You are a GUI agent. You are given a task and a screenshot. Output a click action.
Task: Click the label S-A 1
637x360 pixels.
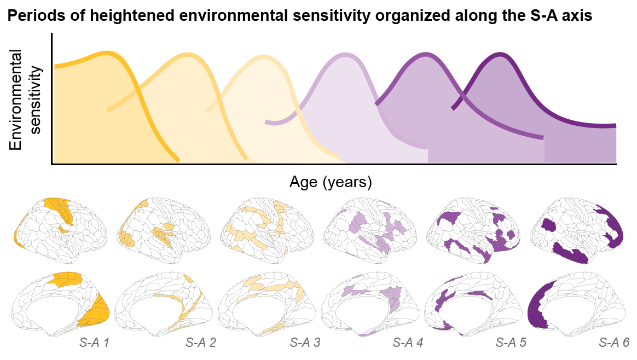pyautogui.click(x=95, y=344)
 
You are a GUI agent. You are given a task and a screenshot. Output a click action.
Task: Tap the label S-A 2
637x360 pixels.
pyautogui.click(x=200, y=344)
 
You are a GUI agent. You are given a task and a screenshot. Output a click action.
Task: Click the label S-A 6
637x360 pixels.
pyautogui.click(x=614, y=344)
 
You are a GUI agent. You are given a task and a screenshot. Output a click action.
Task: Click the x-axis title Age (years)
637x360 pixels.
pyautogui.click(x=331, y=182)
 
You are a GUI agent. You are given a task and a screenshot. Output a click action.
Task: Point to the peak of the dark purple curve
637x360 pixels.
pyautogui.click(x=499, y=54)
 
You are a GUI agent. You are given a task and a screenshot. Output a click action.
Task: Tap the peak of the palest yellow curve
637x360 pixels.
pyautogui.click(x=264, y=56)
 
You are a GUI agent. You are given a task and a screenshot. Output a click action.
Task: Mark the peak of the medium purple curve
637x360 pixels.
pyautogui.click(x=422, y=54)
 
